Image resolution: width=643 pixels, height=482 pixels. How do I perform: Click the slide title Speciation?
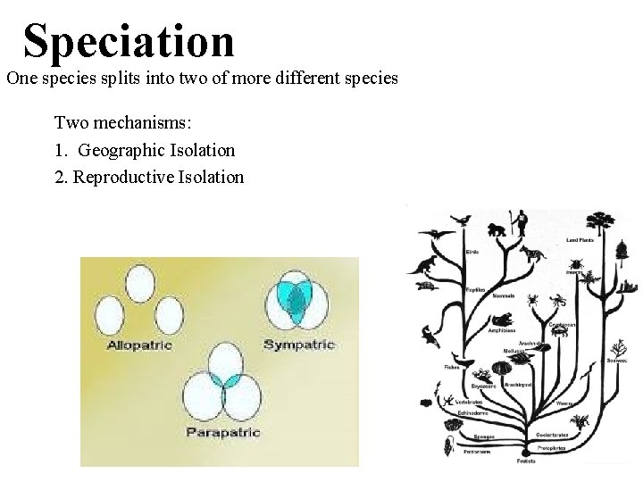point(129,41)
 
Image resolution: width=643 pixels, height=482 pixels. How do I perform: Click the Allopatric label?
point(139,345)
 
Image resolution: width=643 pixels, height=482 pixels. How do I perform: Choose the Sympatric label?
point(299,345)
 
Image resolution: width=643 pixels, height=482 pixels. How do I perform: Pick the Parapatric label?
point(223,432)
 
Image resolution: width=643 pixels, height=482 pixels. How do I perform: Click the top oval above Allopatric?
point(140,285)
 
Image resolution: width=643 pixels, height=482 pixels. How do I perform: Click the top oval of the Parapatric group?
point(223,361)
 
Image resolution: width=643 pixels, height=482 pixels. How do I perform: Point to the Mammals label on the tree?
point(504,295)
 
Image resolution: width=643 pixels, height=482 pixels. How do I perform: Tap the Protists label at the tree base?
point(527,461)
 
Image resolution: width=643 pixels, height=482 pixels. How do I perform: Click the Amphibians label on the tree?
point(501,330)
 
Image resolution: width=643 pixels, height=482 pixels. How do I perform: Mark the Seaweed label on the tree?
point(617,360)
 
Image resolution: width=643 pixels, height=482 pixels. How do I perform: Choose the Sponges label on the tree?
point(485,437)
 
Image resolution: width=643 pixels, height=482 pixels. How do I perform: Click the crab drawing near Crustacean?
point(562,332)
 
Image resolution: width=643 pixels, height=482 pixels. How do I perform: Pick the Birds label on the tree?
point(472,253)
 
